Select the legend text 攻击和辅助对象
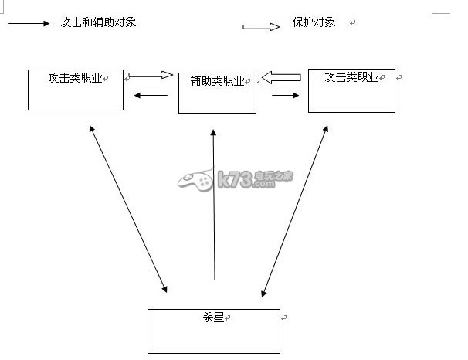click(99, 22)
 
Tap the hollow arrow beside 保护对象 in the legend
click(261, 27)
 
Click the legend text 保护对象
click(314, 22)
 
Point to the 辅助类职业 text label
click(217, 80)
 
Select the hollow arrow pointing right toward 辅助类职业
click(151, 75)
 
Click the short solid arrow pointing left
click(151, 95)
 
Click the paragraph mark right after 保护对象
click(352, 24)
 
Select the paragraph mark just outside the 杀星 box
click(284, 318)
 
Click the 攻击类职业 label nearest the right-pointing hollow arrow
click(75, 78)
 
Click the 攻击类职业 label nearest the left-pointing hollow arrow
click(351, 77)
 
